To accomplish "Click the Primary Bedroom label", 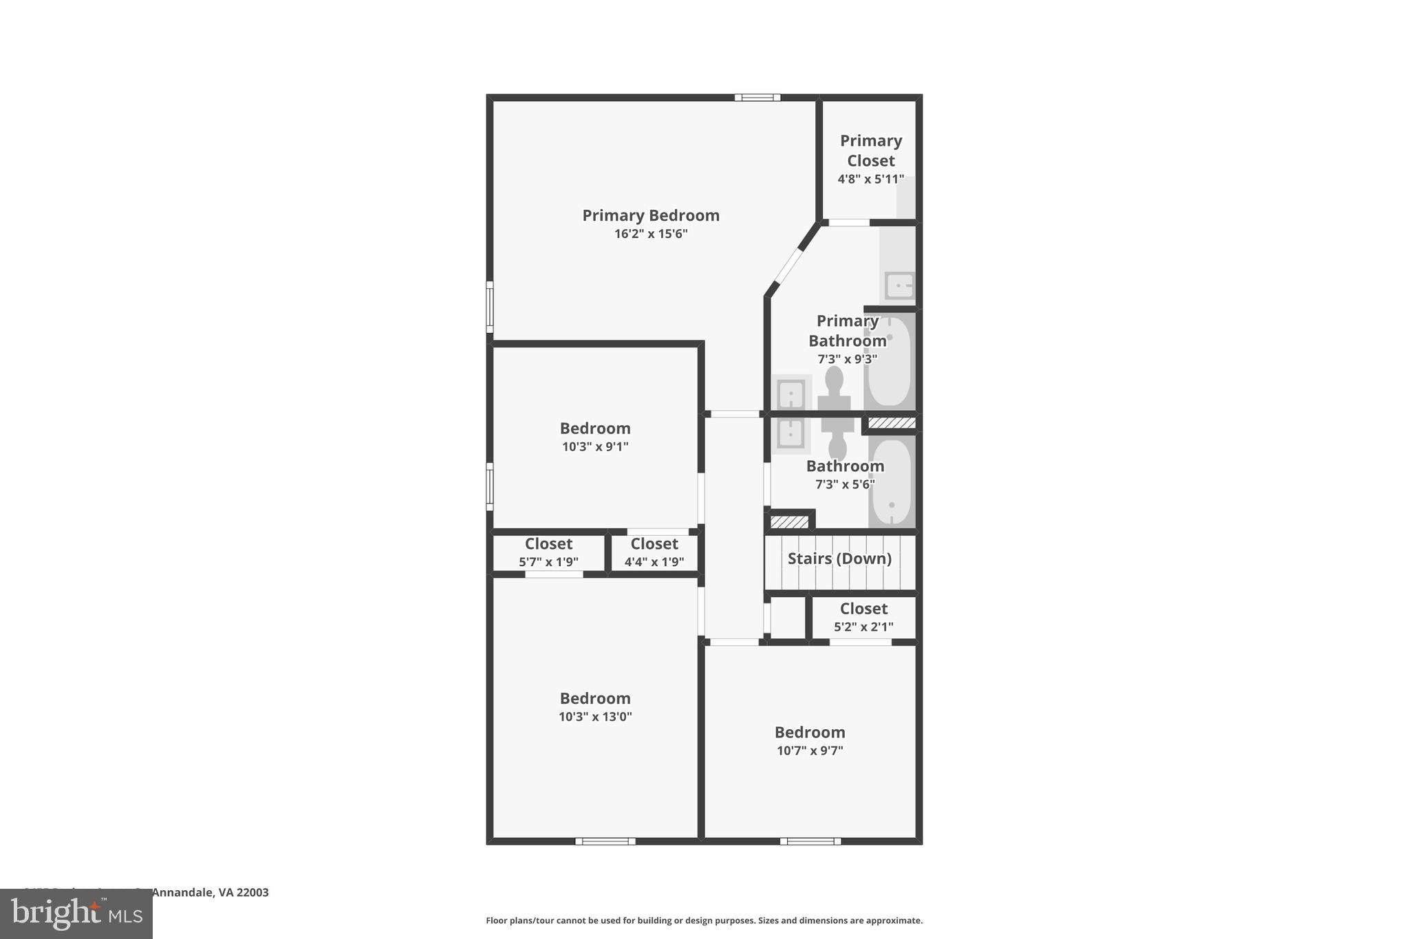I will point(651,215).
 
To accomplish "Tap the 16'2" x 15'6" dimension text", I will point(651,234).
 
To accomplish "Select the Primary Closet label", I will point(870,151).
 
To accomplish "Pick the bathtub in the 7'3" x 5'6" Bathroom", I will point(892,482).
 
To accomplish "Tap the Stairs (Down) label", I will point(839,559).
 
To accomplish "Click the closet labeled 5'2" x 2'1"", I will point(863,617).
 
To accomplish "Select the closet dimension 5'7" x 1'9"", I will point(548,562).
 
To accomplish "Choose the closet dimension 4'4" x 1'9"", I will point(654,562).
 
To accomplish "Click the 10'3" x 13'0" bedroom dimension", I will point(595,717).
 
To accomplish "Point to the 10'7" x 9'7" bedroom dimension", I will point(810,751).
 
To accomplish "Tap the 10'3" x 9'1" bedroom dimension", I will point(595,446).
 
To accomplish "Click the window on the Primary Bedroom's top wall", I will point(757,98).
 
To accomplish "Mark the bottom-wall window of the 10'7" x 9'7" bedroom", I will point(810,841).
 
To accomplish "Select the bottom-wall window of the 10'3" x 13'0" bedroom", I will point(605,841).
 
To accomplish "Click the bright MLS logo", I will point(76,914).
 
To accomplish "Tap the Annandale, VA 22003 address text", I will point(210,892).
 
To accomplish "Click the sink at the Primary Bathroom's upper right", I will point(899,285).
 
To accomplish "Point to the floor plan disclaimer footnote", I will point(704,920).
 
